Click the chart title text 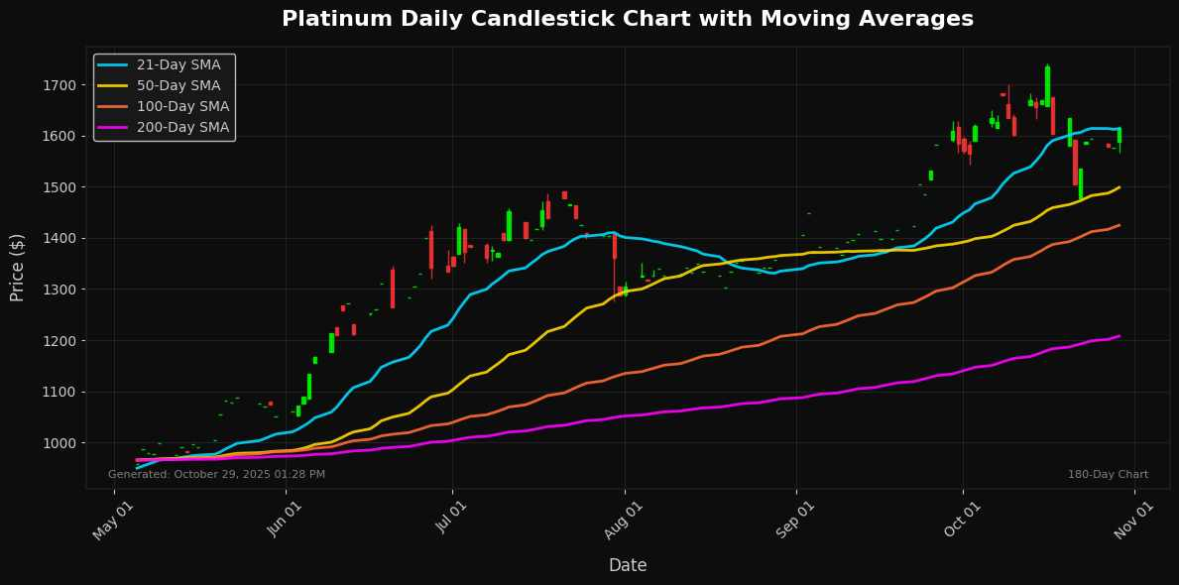click(628, 19)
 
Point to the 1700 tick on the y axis click(59, 85)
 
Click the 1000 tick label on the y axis click(59, 443)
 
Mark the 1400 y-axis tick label click(59, 239)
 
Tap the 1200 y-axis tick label click(59, 341)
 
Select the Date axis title click(628, 565)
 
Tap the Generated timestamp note click(216, 475)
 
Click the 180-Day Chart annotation click(1108, 475)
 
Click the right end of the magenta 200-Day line click(1120, 336)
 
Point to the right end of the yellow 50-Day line click(1120, 187)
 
